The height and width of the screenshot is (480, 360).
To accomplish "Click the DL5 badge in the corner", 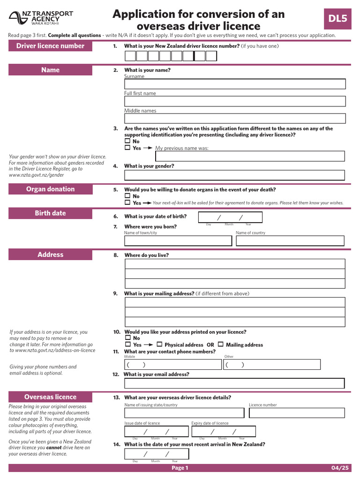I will point(337,19).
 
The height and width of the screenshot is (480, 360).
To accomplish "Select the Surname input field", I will point(234,84).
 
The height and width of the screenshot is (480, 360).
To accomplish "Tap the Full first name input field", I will point(234,101).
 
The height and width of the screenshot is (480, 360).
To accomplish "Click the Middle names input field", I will point(234,119).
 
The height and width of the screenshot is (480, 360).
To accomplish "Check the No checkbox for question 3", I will point(127,141).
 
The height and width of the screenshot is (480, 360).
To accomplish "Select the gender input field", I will point(234,175).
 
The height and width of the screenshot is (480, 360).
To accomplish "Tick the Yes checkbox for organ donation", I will point(127,203).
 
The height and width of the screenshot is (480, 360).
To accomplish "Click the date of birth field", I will point(230,217).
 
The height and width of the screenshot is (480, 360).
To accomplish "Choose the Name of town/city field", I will point(178,241).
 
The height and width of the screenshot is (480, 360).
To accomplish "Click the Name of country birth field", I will point(290,241).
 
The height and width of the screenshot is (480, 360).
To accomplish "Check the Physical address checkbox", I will point(159,345).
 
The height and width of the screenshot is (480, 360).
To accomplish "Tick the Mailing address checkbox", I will point(221,345).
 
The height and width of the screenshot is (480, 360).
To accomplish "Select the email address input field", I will point(234,383).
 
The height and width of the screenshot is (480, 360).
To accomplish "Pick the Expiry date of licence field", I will point(224,432).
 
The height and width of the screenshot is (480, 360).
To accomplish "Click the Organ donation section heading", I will point(51,189).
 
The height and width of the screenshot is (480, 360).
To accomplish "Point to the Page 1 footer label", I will point(180,468).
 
